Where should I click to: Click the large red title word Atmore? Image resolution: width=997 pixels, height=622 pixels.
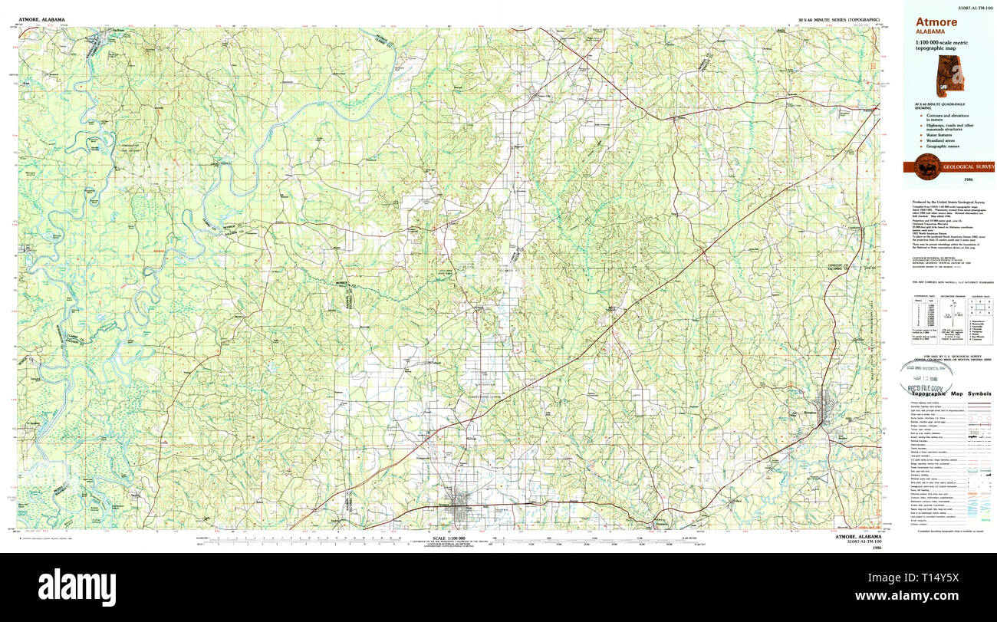pos(936,22)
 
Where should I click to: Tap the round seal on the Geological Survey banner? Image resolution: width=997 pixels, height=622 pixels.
pos(925,166)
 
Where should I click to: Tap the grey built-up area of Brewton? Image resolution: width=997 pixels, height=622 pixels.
pos(826,410)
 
